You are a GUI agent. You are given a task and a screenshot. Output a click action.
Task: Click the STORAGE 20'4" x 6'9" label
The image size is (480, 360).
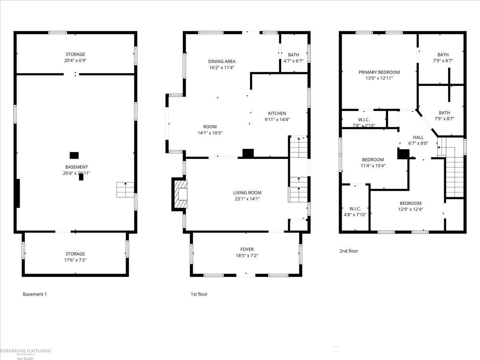coord(75,57)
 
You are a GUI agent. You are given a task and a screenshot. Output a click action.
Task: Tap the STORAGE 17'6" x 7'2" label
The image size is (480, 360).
coord(75,257)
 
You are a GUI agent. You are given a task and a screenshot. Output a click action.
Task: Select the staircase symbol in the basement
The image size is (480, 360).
coord(125,190)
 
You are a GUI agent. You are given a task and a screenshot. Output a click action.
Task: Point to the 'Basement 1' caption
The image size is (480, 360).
coord(35,294)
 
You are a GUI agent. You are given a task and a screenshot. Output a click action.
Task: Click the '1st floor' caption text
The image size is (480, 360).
coord(199,294)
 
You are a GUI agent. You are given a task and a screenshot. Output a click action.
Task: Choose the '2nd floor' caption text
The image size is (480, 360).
coord(349,251)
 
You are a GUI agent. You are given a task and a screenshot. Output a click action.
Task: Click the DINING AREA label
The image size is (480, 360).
coord(222,64)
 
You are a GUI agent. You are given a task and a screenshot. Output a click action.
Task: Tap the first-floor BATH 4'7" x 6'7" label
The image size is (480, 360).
coord(293,58)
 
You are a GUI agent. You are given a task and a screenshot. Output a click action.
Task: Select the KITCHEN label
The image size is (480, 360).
coord(277,116)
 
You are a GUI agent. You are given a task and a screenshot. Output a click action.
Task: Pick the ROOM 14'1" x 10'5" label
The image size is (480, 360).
coord(210,130)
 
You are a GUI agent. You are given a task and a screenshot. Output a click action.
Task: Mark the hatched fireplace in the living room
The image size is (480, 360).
coord(180,194)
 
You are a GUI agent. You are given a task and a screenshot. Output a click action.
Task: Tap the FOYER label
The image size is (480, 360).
coord(247,252)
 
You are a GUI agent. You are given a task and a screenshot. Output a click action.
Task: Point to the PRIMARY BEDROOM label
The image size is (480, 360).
coord(379,75)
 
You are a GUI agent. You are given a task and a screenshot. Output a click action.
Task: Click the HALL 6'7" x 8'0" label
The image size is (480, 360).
coord(418,140)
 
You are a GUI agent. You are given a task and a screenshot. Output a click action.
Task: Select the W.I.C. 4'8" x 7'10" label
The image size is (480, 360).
coord(355,212)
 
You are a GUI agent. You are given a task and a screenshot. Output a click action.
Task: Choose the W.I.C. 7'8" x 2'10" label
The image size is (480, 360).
coord(364,122)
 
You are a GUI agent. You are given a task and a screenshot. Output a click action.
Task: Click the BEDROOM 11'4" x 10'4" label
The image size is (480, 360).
coord(373,162)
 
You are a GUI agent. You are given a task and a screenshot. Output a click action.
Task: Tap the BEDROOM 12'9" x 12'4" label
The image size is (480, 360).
coord(410,206)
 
